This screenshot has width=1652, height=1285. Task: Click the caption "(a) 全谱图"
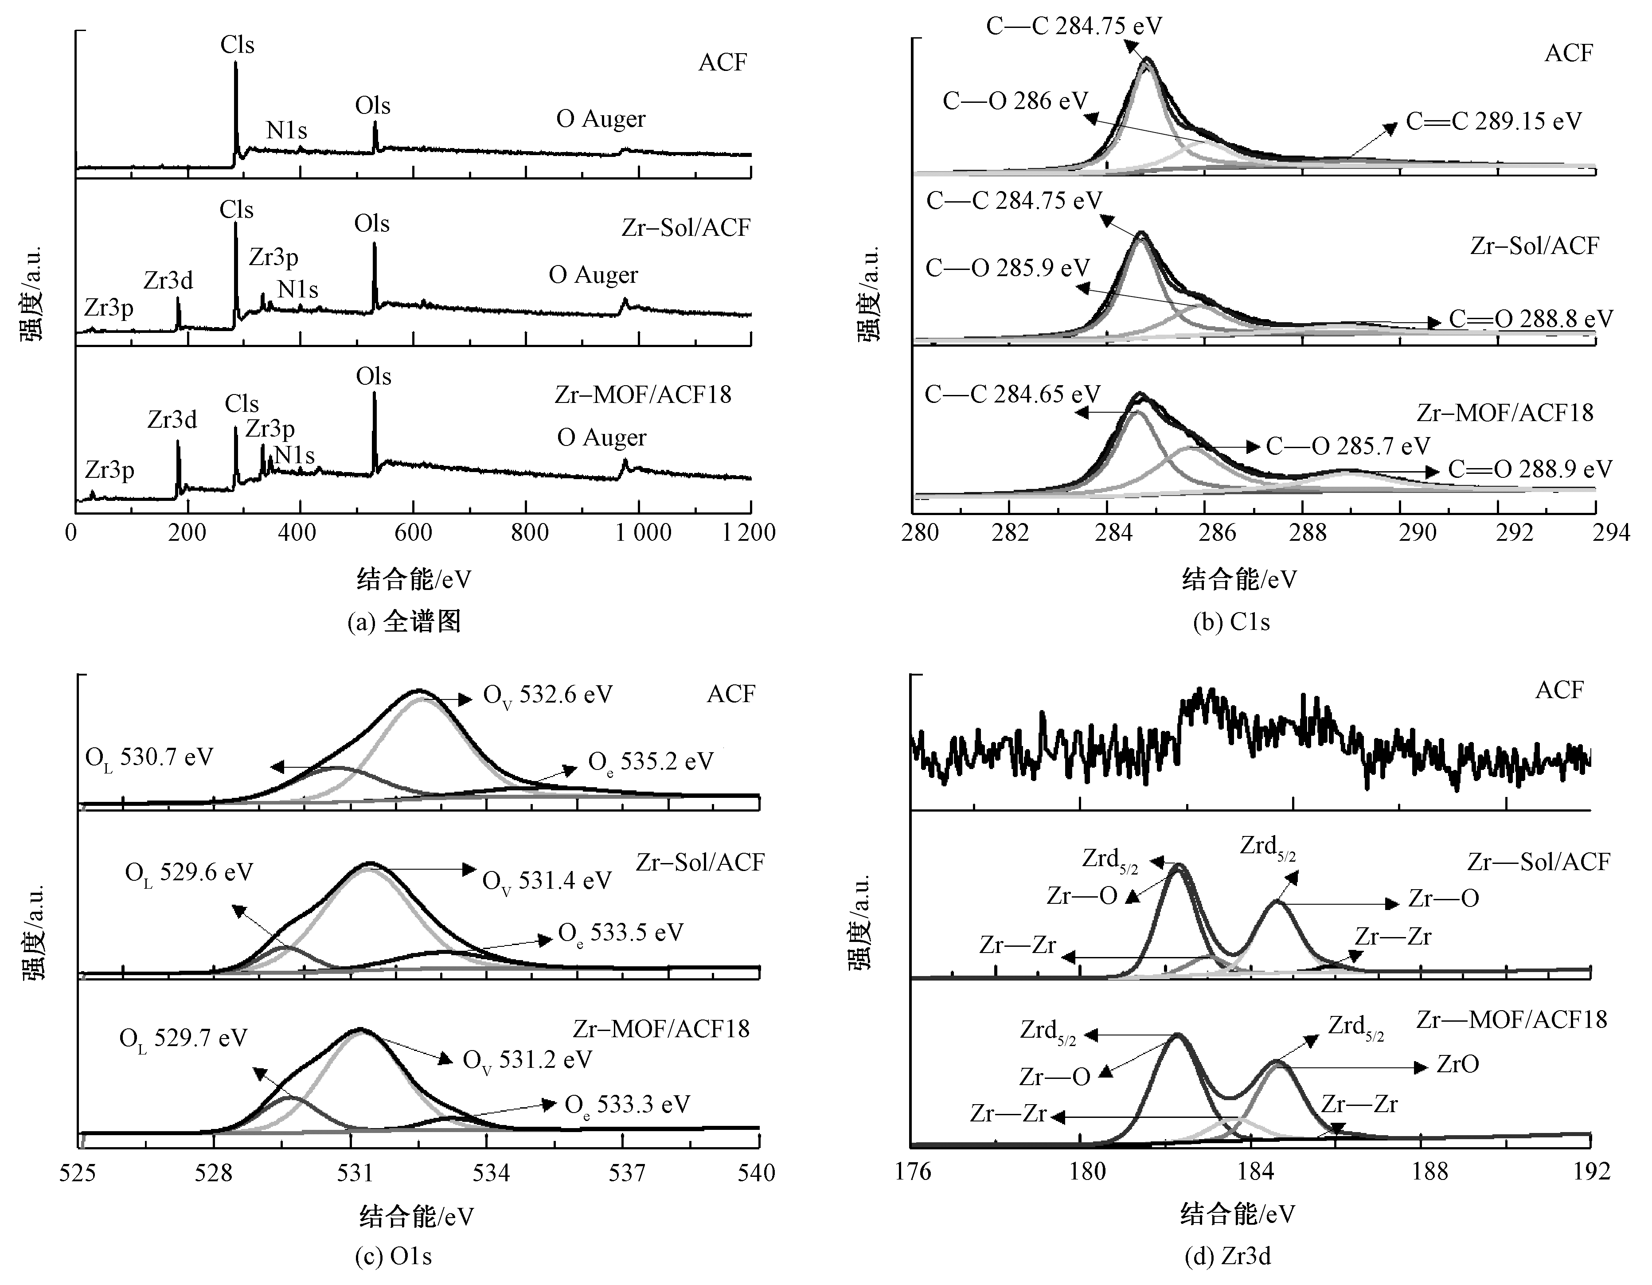(x=403, y=622)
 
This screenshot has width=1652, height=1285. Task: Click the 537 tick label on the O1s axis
(x=627, y=1172)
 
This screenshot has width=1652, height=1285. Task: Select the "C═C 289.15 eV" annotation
(x=1493, y=122)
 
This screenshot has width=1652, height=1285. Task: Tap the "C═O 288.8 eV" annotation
(x=1530, y=319)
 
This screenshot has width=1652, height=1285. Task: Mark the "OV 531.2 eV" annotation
(x=527, y=1060)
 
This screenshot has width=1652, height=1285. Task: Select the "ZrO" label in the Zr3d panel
(x=1457, y=1065)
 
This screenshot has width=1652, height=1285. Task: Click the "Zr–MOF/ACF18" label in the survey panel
(x=643, y=395)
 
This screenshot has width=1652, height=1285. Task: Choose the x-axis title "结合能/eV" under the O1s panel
(x=416, y=1216)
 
